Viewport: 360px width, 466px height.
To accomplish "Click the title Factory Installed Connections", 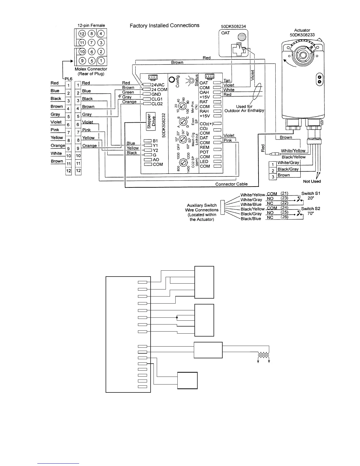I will tap(164, 26).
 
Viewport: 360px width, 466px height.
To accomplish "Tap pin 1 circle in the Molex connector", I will tap(101, 61).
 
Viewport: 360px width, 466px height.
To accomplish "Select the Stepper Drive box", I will tap(151, 122).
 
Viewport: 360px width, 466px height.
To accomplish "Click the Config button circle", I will tap(171, 79).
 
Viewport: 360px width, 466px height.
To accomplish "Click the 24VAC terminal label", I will tap(158, 85).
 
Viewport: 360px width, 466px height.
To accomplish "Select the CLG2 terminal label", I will tap(157, 104).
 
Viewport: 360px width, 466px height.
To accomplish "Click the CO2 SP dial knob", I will tap(183, 162).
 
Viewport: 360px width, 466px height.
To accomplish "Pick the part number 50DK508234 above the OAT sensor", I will tap(233, 26).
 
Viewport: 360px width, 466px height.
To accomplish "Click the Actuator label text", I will tap(302, 30).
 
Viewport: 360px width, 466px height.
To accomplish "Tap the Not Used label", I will tap(312, 181).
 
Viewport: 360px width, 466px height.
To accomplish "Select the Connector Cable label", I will tap(231, 184).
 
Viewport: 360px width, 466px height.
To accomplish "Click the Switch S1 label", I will tap(311, 194).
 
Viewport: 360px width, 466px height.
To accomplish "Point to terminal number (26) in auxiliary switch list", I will tap(284, 217).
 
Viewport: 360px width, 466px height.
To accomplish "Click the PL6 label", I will tap(68, 79).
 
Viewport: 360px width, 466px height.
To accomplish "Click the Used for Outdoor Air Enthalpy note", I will tap(244, 109).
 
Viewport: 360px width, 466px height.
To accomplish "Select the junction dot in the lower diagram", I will tap(177, 317).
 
